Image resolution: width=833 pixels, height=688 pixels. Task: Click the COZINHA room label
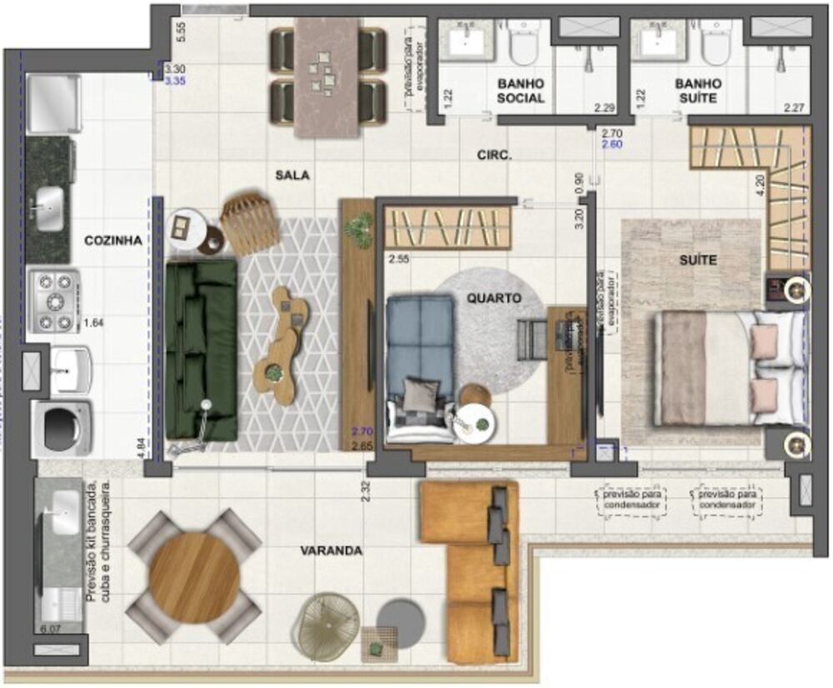tap(112, 241)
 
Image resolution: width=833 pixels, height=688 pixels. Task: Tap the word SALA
tap(292, 175)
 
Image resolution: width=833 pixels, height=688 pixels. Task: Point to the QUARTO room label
tap(494, 297)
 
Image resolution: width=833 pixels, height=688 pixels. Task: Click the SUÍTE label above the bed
tap(696, 260)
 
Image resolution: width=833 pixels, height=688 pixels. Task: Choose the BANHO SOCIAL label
tap(521, 91)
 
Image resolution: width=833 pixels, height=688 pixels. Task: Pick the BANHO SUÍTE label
tap(696, 91)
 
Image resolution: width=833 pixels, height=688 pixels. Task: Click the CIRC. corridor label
tap(493, 155)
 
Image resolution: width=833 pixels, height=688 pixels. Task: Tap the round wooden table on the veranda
tap(194, 576)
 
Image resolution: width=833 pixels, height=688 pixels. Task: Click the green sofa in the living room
tap(201, 348)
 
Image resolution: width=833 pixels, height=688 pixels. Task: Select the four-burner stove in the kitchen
tap(55, 302)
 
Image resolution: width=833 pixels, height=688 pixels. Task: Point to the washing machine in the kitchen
tap(62, 427)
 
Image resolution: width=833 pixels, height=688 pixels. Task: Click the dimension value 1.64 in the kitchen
tap(93, 322)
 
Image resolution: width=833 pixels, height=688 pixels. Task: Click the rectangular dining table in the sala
tap(327, 77)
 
